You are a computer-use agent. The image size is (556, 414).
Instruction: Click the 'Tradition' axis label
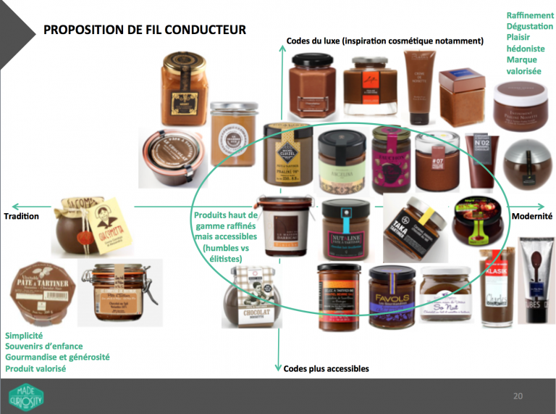[x=21, y=216]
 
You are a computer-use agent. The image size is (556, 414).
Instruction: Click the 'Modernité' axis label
[x=532, y=216]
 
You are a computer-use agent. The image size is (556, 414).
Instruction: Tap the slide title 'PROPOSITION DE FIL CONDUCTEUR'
[x=145, y=30]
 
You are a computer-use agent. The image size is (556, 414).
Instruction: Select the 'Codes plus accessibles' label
[x=327, y=368]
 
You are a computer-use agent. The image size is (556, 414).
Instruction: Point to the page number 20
[x=517, y=396]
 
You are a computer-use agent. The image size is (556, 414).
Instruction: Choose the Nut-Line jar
[x=345, y=230]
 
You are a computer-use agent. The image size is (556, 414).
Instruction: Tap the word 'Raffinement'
[x=530, y=15]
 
